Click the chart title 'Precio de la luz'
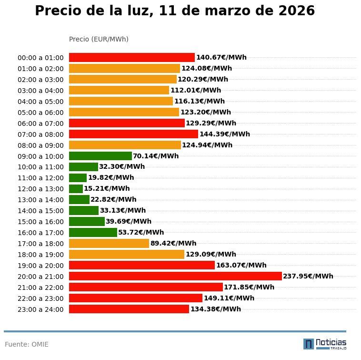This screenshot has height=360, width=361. (175, 11)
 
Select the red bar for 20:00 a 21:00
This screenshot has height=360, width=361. (175, 276)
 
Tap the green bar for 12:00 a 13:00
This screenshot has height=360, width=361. (76, 188)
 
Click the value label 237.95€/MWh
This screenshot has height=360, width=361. (308, 276)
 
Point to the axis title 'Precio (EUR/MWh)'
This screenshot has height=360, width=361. (99, 39)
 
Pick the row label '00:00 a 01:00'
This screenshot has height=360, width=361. (40, 58)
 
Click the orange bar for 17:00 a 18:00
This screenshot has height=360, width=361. (109, 243)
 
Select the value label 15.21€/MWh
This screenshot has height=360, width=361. (107, 188)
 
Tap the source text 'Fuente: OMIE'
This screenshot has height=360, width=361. (27, 344)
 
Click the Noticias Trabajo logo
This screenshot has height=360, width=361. (325, 343)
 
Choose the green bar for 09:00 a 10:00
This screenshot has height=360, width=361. (100, 156)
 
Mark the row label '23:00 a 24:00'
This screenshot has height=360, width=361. (40, 309)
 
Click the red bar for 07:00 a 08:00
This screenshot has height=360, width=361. (133, 134)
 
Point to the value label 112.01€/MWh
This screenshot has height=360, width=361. (196, 90)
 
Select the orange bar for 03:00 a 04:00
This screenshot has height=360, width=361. (119, 90)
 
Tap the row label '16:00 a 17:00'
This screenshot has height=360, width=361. (40, 233)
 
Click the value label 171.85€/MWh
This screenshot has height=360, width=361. (249, 287)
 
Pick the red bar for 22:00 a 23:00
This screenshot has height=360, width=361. (136, 298)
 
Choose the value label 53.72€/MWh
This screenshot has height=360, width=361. (141, 232)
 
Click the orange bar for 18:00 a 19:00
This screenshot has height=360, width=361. (127, 254)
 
